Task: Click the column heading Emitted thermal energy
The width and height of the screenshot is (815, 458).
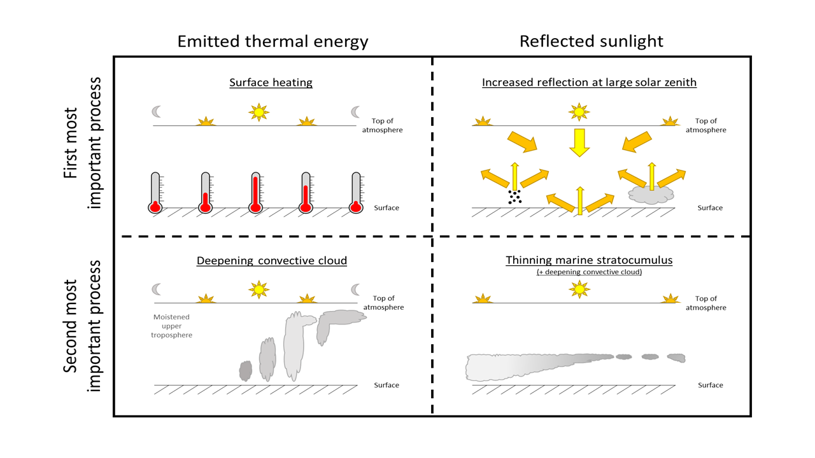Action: (x=273, y=41)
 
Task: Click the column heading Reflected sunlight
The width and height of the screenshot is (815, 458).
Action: (x=591, y=41)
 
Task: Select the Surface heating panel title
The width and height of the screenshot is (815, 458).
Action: (x=271, y=83)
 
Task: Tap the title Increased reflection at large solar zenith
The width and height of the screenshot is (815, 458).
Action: (x=589, y=83)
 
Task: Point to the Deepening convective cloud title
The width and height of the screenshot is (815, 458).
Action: (x=272, y=261)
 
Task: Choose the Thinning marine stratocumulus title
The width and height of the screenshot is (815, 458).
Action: (x=589, y=260)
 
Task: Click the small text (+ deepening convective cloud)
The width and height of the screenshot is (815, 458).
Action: (x=589, y=272)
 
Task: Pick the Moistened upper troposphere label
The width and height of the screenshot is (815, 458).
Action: (x=171, y=326)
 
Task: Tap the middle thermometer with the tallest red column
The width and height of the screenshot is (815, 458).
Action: (x=255, y=192)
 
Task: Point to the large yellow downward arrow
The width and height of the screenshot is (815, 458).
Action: (x=579, y=142)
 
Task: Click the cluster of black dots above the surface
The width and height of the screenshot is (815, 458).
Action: (x=514, y=197)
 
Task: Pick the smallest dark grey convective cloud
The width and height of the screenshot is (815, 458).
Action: (x=246, y=370)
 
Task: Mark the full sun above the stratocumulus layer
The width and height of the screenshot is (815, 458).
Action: (x=579, y=290)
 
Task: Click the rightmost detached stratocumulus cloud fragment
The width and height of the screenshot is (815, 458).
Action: (x=676, y=358)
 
